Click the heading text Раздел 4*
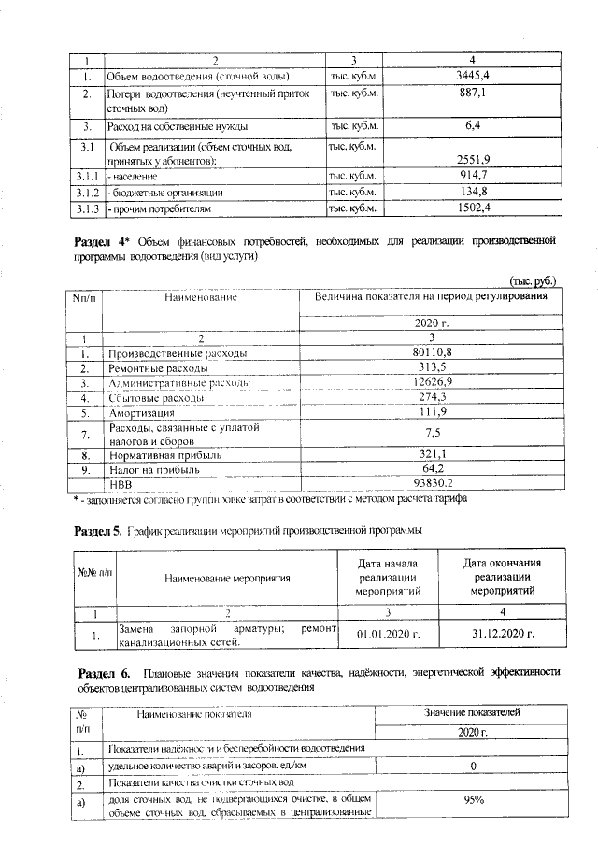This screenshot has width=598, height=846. coord(99,242)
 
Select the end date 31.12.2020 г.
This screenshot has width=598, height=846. coord(503,634)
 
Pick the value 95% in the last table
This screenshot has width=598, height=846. coord(473,800)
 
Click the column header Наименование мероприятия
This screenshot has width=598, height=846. coord(227,578)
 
